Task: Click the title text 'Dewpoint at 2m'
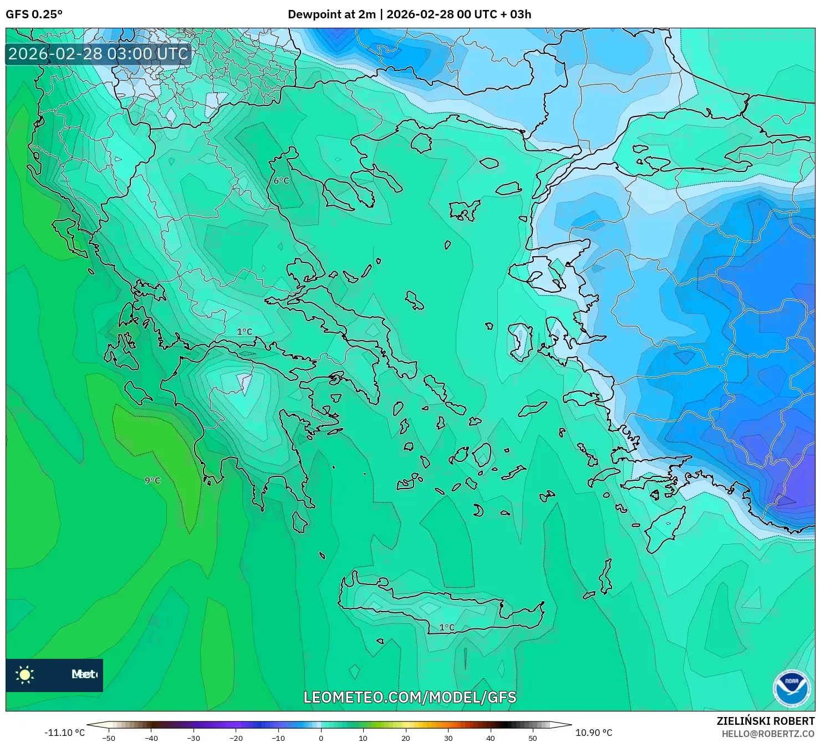(332, 14)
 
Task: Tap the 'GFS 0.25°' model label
(34, 14)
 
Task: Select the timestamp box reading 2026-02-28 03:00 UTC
(98, 54)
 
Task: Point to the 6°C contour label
(281, 181)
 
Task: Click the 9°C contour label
(152, 480)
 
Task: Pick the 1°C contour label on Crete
(446, 628)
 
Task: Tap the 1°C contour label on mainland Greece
(245, 332)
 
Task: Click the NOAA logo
(791, 688)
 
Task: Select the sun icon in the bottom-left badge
(25, 675)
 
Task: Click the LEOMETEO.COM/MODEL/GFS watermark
(410, 697)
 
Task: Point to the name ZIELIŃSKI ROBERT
(765, 721)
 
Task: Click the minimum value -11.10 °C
(64, 733)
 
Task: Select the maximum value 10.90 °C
(593, 733)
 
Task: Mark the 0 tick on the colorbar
(320, 738)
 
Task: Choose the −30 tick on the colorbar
(193, 738)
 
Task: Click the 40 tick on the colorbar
(491, 738)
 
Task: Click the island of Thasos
(421, 143)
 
